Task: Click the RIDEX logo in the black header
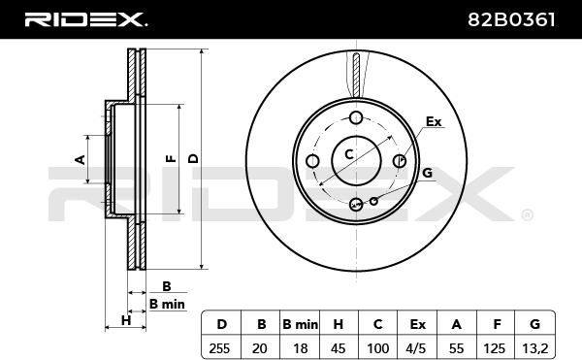click(85, 19)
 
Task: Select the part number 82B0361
click(511, 19)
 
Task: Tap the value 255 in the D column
click(219, 348)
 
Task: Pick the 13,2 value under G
click(534, 348)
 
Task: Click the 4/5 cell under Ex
click(416, 348)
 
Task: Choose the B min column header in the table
click(300, 324)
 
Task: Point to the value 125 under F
click(495, 348)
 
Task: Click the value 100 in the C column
click(378, 348)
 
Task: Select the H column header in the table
click(339, 324)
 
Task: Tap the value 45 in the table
click(338, 348)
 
